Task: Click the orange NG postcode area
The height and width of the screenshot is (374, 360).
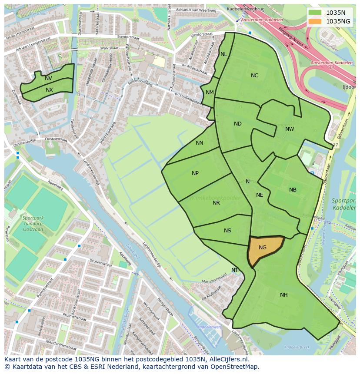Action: point(263,249)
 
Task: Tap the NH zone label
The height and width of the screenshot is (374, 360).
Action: point(283,295)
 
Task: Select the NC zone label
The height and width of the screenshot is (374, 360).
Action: point(254,76)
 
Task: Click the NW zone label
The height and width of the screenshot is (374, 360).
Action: point(290,129)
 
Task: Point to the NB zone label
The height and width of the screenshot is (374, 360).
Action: point(293,190)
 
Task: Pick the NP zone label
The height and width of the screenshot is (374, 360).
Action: point(195,173)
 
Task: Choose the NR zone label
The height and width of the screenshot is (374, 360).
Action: point(216,203)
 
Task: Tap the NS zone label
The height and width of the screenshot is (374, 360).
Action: point(227,231)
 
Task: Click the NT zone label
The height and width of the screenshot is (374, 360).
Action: point(235,270)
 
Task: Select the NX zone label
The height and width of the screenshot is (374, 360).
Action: point(49,90)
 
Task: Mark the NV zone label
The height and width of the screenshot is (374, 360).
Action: point(48,78)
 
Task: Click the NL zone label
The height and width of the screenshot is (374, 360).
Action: point(223,54)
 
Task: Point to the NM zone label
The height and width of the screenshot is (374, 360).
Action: point(210,93)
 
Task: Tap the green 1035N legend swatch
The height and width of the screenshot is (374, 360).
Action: point(316,13)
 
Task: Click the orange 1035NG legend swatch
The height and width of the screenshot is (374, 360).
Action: point(316,21)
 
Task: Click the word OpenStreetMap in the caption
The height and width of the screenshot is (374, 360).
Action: point(234,367)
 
